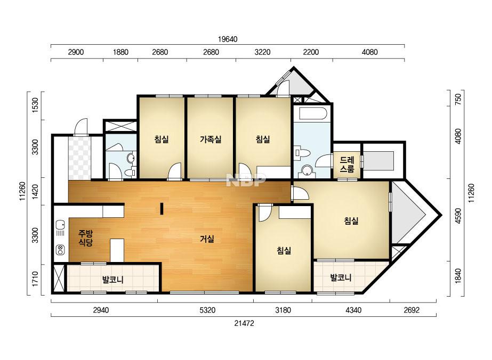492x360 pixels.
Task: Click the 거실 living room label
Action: (207, 239)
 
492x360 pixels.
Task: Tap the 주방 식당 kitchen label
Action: (85, 238)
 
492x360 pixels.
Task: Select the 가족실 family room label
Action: (211, 139)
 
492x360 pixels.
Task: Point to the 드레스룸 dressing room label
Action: (347, 165)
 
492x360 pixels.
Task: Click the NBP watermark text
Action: (246, 180)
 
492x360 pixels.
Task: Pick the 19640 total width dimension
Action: (228, 39)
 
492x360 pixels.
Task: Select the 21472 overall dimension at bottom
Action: (244, 323)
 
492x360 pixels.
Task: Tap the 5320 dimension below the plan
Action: (207, 310)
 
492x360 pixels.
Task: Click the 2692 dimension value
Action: (412, 310)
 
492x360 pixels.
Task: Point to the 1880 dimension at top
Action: (120, 52)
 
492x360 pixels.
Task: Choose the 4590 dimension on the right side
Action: (458, 216)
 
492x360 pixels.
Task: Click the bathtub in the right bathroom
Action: (313, 113)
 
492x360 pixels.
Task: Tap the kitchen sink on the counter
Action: (60, 225)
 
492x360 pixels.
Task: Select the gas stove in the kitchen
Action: (60, 250)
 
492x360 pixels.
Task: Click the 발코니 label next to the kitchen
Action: (113, 280)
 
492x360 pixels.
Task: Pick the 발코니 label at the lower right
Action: (341, 277)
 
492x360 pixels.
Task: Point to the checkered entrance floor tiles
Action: (80, 158)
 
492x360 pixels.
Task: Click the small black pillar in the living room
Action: (162, 209)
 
